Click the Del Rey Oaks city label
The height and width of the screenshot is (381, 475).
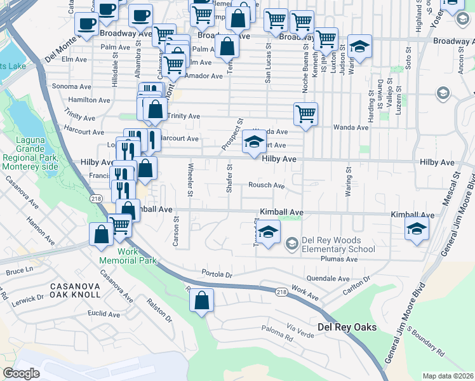[347, 327]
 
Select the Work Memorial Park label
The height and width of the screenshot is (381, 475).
[128, 256]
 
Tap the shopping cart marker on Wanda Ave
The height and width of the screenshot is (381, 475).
[305, 114]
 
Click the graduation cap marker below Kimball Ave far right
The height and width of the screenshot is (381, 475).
[417, 229]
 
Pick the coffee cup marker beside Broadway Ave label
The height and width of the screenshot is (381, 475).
[86, 24]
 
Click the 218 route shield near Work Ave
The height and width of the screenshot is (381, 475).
[282, 292]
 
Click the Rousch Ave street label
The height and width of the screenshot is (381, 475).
[266, 185]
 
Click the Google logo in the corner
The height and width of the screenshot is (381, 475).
[22, 373]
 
